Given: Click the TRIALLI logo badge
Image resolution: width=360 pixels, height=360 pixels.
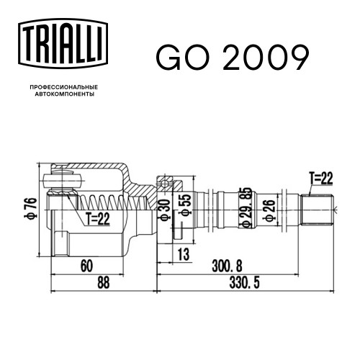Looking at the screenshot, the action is click(x=63, y=44).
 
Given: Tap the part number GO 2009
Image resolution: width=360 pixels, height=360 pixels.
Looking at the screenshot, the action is click(x=233, y=58).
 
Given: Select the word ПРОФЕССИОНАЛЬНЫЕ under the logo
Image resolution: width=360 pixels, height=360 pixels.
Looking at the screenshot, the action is click(x=64, y=87).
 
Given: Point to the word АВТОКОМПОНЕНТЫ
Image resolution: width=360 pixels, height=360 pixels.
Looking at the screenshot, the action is click(x=65, y=94).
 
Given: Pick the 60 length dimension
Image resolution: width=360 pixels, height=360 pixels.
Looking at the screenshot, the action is click(x=86, y=266).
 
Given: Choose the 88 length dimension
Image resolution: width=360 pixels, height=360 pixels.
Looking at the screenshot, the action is click(x=104, y=282).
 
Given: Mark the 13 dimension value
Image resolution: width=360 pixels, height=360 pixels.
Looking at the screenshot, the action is click(x=184, y=254).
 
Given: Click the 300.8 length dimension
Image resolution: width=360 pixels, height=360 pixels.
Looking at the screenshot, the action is click(x=227, y=266).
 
